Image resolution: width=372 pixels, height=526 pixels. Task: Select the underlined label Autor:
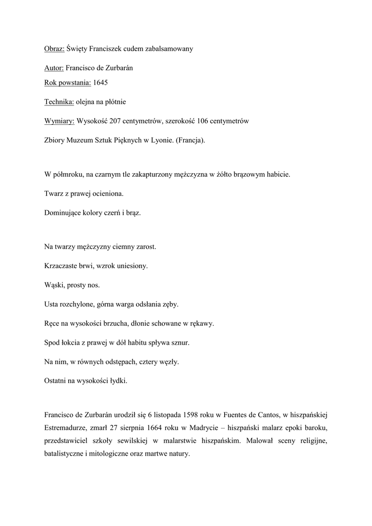(x=54, y=68)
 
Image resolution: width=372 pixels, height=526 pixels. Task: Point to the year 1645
(x=101, y=82)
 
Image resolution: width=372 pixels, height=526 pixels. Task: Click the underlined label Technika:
(x=59, y=102)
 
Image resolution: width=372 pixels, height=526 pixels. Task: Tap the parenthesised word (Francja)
(x=190, y=140)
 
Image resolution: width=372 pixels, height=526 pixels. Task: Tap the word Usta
(x=51, y=305)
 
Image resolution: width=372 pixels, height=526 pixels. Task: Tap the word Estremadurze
(x=66, y=427)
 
